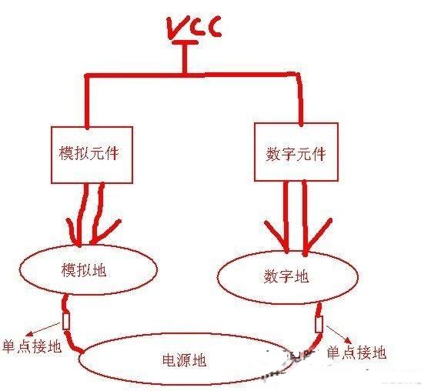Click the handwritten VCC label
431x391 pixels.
pos(194,26)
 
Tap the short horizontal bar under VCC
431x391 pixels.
pos(185,42)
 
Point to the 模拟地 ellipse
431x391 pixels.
pos(19,269)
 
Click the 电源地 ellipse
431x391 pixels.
pos(80,359)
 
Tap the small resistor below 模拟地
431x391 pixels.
pos(65,321)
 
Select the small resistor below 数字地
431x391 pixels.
pos(319,325)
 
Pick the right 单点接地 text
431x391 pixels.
pos(357,353)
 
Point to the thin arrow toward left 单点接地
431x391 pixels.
pos(44,329)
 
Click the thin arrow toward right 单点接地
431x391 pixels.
pos(339,335)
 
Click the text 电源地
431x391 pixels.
pos(185,360)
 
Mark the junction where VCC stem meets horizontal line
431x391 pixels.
pos(185,74)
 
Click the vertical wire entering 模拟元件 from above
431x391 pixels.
pos(87,101)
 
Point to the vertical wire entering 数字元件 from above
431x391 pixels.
pos(300,99)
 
